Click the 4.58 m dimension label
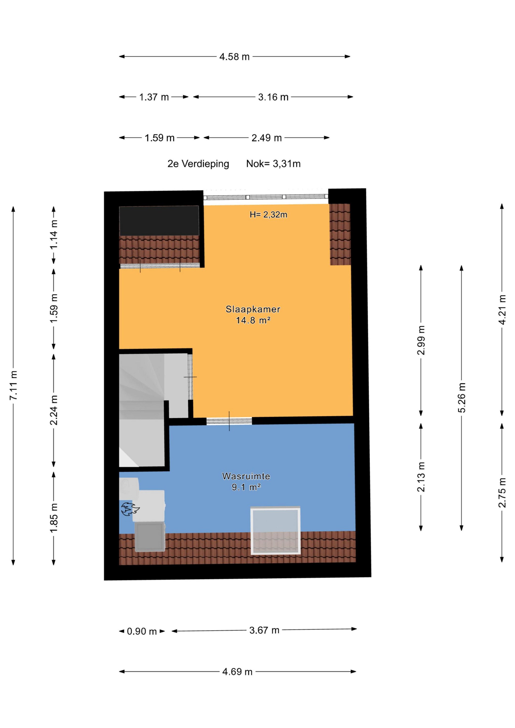pos(234,57)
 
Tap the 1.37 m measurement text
pos(154,97)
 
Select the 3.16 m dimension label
pos(273,97)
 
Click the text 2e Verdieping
pos(198,164)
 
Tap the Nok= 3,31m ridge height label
pos(273,164)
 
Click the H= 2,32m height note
pos(268,215)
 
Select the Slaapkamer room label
pos(253,309)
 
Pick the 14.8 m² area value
pos(253,320)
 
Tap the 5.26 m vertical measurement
pos(462,398)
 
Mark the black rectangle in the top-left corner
pos(159,221)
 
